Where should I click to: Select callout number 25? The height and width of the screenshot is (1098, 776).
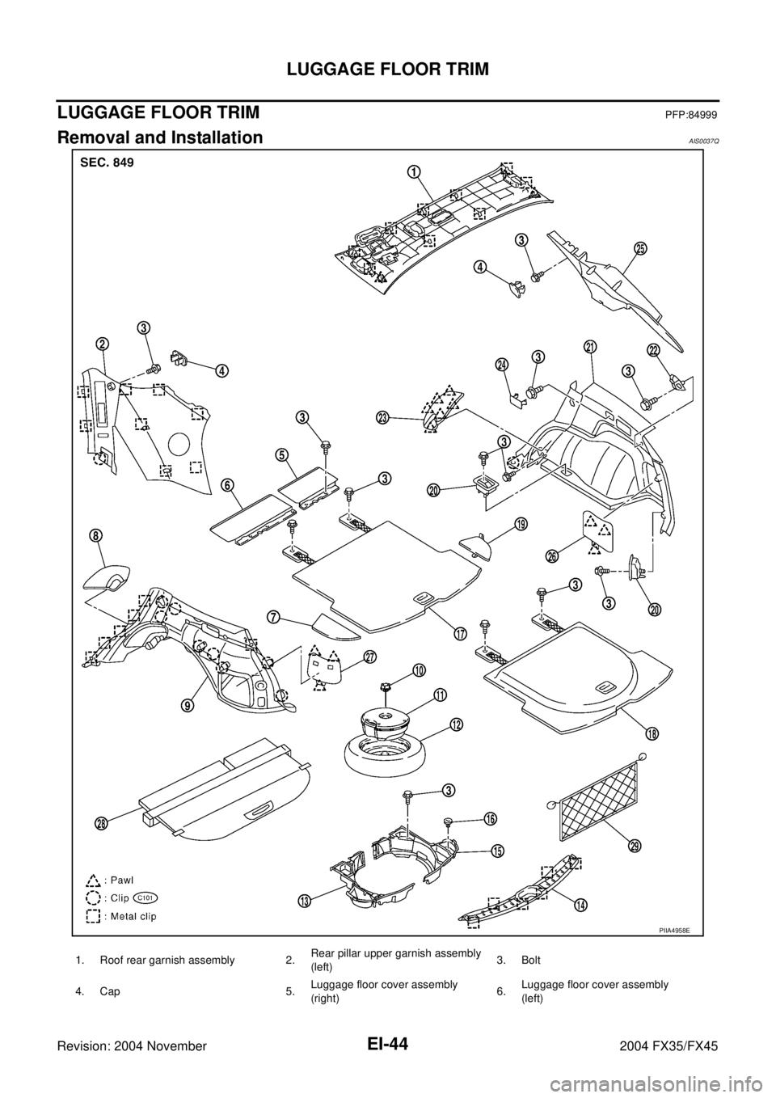[639, 249]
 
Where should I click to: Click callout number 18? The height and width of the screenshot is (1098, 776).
[651, 733]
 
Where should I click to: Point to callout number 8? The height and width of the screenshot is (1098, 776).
[95, 535]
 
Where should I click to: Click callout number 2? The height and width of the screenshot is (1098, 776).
[102, 343]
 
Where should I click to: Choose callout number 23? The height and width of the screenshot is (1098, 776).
[382, 417]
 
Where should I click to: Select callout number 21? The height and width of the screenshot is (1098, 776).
[590, 347]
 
